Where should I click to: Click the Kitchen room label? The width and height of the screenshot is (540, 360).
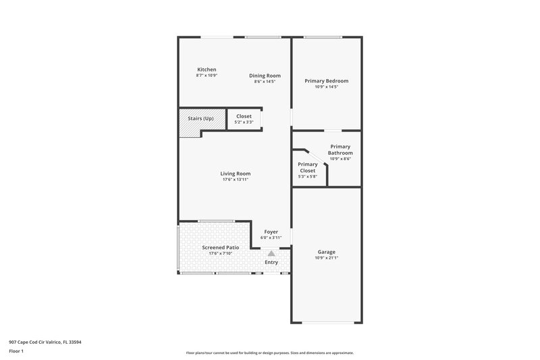[x=207, y=70]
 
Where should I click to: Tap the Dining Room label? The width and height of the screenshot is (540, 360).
[x=265, y=76]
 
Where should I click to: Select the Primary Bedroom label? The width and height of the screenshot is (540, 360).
[x=326, y=81]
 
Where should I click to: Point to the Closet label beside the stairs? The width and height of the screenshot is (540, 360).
[x=244, y=116]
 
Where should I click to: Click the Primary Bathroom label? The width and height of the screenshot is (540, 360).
[x=340, y=150]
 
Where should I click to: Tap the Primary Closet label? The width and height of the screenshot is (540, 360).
[x=308, y=168]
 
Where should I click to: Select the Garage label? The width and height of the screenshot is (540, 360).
[x=326, y=252]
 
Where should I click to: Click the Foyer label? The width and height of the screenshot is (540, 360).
[x=271, y=232]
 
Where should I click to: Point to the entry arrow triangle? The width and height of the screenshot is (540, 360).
[x=271, y=254]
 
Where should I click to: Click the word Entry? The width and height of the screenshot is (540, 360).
[x=271, y=262]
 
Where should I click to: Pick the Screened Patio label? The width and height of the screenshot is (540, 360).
[x=221, y=248]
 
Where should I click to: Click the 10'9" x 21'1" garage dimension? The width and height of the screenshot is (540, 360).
[x=326, y=258]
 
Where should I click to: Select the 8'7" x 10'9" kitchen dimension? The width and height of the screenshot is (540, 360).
[x=207, y=76]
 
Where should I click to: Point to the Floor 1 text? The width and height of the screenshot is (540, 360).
[x=17, y=351]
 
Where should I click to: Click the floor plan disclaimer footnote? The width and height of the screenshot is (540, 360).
[x=269, y=353]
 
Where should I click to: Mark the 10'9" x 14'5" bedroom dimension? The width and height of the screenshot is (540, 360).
[x=326, y=87]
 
